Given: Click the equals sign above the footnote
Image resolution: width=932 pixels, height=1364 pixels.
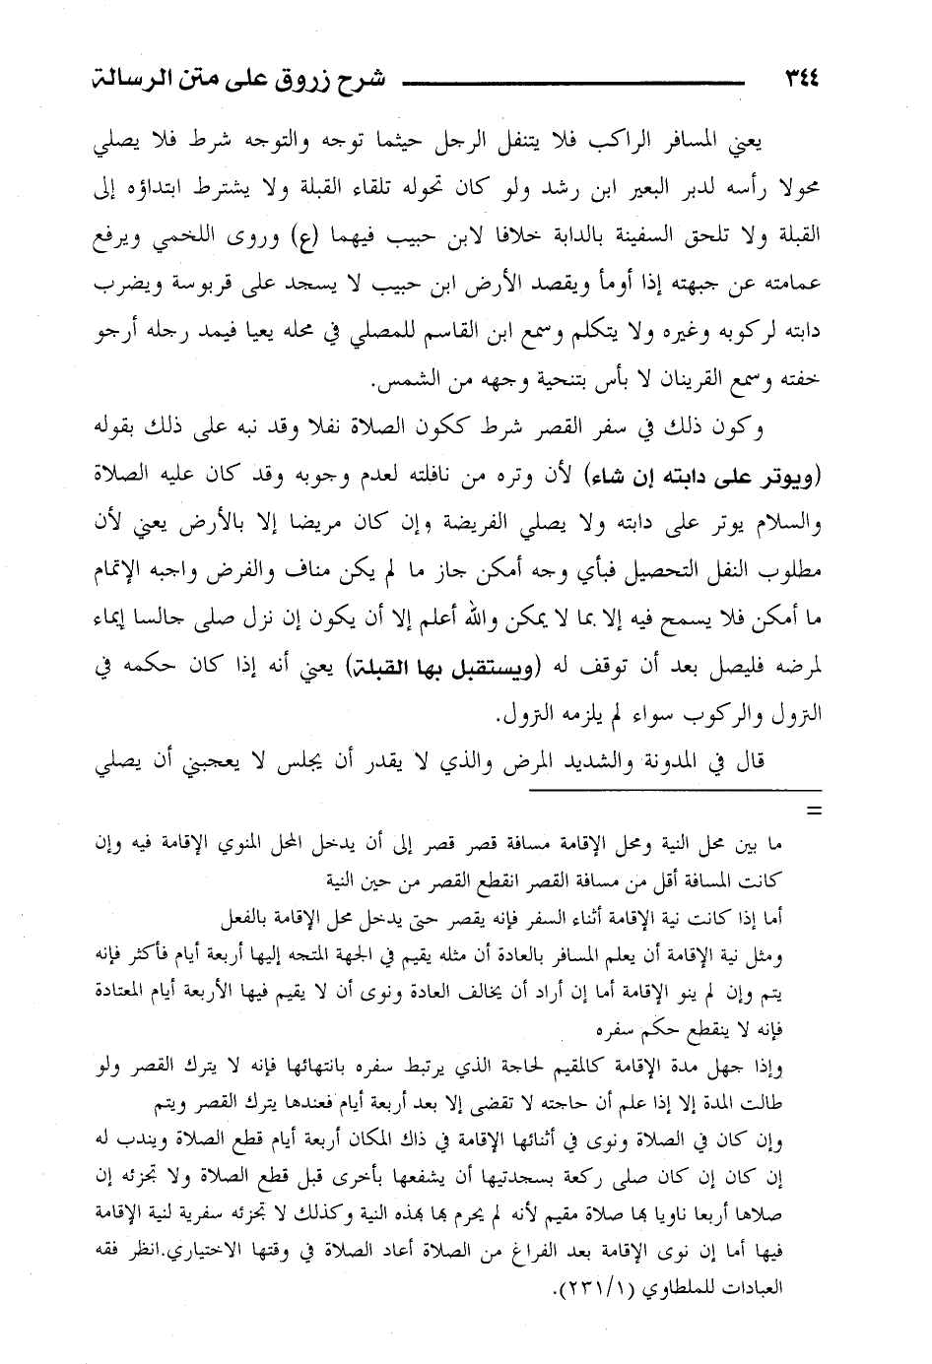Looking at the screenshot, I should [x=814, y=812].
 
